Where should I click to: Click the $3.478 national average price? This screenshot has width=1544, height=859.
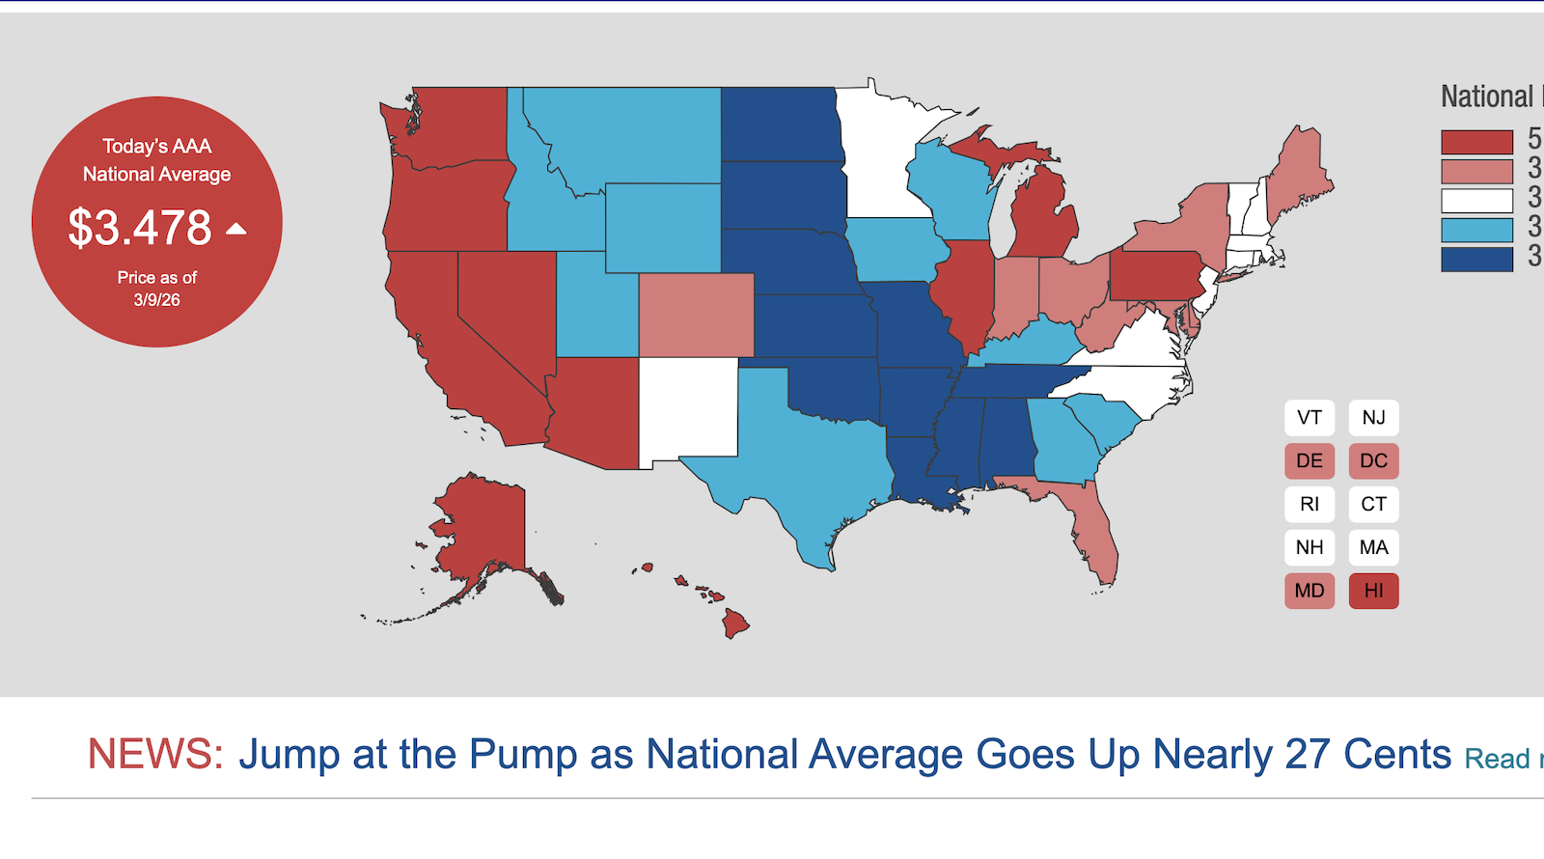[140, 228]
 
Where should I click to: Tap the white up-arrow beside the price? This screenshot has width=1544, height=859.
[236, 229]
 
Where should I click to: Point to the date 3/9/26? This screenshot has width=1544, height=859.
[157, 300]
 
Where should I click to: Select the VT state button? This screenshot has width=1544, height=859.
[1310, 418]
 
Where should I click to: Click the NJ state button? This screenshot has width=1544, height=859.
[1373, 418]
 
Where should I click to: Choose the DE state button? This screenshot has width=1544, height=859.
[1310, 461]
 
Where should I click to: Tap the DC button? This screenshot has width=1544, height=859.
[1373, 461]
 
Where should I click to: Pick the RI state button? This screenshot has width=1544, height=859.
[1310, 504]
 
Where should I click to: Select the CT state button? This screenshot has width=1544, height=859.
[1373, 504]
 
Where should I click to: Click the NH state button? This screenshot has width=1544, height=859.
[1310, 547]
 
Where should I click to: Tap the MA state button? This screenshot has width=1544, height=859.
[1373, 547]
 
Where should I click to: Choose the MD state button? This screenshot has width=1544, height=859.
[1310, 591]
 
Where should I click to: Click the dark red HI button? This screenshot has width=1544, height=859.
[1373, 591]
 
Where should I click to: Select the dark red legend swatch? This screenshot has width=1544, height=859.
[1476, 142]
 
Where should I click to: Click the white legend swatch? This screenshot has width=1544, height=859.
[1476, 201]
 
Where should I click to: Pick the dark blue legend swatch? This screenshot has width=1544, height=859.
[1476, 260]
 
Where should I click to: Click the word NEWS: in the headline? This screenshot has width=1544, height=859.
[155, 754]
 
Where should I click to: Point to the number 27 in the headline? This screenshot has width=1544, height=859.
[1308, 754]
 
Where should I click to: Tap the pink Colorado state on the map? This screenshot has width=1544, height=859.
[697, 315]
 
